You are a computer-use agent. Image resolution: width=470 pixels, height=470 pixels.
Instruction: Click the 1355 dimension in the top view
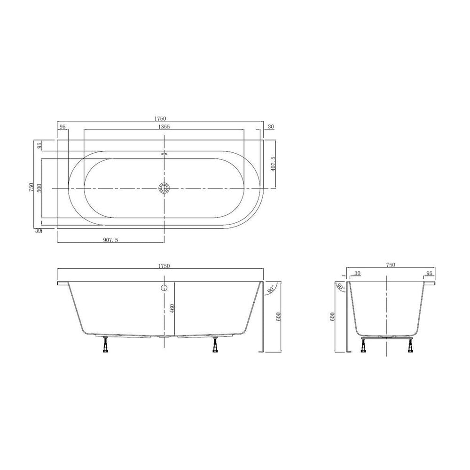(x=164, y=126)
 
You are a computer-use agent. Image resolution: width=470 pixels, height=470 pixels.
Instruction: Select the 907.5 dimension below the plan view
(x=110, y=240)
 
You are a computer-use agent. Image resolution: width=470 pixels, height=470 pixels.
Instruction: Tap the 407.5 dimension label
(x=273, y=164)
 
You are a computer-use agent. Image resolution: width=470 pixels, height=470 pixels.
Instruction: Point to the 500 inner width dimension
(x=39, y=188)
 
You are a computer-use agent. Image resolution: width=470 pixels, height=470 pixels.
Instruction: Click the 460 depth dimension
(x=172, y=308)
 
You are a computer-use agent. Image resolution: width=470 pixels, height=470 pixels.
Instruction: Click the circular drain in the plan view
(x=164, y=188)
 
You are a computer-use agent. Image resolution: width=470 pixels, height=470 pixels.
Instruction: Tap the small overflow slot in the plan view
(x=164, y=153)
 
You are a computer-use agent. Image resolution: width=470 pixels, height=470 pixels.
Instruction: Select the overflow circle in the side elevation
(x=164, y=288)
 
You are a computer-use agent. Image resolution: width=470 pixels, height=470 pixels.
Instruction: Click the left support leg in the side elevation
(x=105, y=345)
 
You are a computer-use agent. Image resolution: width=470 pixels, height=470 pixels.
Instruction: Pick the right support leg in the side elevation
(x=215, y=345)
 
